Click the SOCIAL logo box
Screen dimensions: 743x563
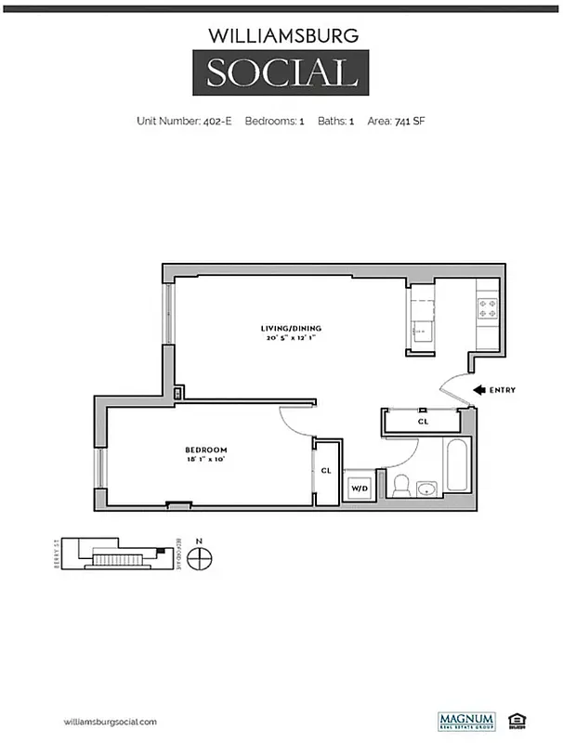(x=281, y=72)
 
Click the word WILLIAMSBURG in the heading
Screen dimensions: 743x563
(x=281, y=36)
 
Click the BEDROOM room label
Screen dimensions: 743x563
(x=206, y=450)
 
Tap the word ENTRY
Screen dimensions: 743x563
(x=503, y=390)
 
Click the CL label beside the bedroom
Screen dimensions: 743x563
(x=326, y=471)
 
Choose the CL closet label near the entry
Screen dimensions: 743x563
(x=423, y=422)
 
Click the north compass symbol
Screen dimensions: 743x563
(x=199, y=558)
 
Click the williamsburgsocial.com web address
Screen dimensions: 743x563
(x=109, y=722)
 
